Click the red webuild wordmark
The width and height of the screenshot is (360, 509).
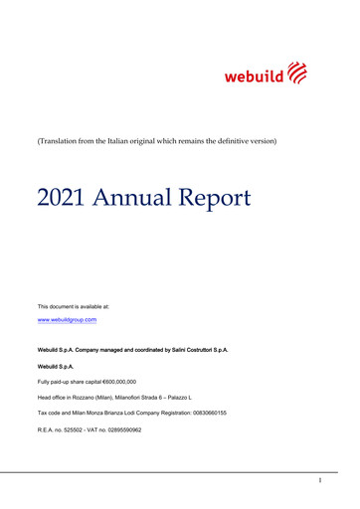[254, 76]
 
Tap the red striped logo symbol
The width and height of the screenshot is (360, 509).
[297, 73]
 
